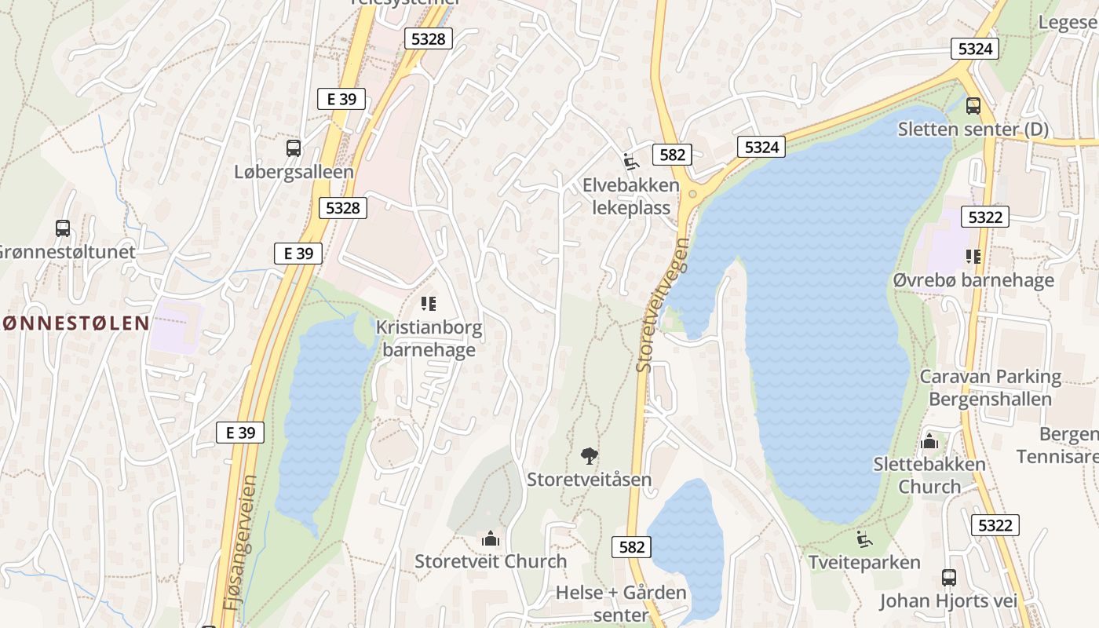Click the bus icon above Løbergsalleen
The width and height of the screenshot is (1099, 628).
(x=294, y=148)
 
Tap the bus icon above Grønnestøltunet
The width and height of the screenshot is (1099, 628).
(x=63, y=228)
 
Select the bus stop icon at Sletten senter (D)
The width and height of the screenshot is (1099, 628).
(x=973, y=105)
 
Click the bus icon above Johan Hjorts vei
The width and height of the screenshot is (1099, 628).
(x=949, y=578)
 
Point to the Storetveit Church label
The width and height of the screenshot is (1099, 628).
(x=491, y=561)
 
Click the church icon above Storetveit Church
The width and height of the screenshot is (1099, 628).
(x=491, y=539)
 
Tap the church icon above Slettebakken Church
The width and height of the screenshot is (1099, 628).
(x=929, y=441)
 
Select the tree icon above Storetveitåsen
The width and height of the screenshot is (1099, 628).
(x=589, y=456)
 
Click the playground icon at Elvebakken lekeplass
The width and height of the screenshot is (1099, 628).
(x=630, y=162)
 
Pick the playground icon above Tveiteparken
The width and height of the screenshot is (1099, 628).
(x=863, y=539)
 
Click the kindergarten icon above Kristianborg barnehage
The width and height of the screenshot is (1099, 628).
(x=429, y=303)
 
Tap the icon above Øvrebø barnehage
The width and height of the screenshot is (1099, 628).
(x=973, y=257)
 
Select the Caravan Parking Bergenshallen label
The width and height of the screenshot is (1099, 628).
(x=990, y=388)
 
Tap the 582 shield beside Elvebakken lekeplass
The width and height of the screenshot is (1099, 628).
(x=673, y=155)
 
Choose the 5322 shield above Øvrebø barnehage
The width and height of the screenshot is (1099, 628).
(x=984, y=217)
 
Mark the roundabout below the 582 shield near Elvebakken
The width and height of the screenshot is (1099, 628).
(x=692, y=194)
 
